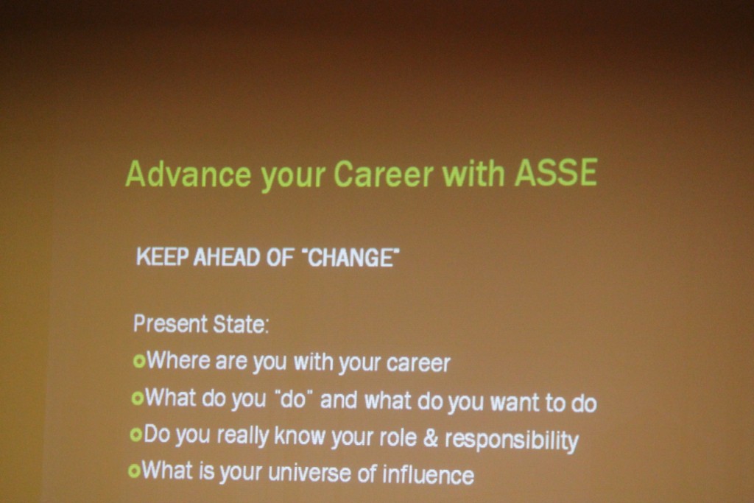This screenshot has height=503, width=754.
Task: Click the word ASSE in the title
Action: pos(556,172)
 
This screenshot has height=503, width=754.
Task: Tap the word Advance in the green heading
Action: pos(188,173)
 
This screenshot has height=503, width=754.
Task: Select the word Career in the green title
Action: pos(383,173)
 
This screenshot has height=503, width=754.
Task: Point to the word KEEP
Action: pos(162,257)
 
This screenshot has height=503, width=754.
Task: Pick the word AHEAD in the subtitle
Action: pos(227,257)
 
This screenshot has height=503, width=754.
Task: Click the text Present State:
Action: pos(201,323)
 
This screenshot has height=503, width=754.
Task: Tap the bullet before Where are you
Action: pos(139,361)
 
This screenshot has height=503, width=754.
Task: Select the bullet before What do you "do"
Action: pos(138,398)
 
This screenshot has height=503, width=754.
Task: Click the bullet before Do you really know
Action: pos(136,435)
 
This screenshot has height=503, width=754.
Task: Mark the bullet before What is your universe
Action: pos(134,471)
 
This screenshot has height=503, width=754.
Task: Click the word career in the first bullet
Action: pos(418,364)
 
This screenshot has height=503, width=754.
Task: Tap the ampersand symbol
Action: pos(431,437)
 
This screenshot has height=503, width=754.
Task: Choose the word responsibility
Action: pos(512,440)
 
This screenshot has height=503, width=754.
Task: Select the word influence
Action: pos(428,474)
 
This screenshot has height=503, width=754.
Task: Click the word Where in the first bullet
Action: pos(178,360)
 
